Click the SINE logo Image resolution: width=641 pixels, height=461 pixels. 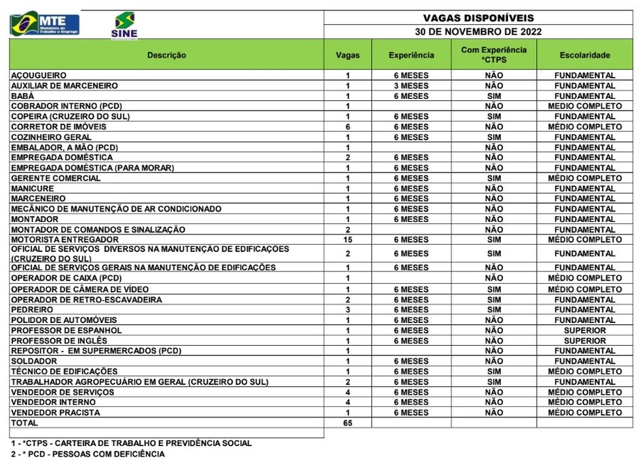point(124,25)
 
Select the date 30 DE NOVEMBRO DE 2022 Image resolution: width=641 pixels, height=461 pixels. point(477,31)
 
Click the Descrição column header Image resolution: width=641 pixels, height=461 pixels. point(166,55)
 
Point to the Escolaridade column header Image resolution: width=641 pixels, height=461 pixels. point(584,55)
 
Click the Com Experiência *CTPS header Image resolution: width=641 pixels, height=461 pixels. point(494,55)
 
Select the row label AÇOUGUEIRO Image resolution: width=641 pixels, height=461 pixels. point(39,76)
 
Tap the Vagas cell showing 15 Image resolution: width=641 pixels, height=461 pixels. point(348,240)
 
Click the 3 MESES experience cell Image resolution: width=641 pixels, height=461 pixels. point(411,86)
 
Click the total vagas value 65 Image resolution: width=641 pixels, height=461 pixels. point(348,423)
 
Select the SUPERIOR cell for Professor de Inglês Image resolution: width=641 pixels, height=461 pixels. point(584,341)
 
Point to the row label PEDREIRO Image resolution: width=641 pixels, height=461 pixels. point(33,310)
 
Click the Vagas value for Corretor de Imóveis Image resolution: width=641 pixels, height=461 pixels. point(348,127)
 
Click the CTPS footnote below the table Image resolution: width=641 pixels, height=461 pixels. point(130,443)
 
